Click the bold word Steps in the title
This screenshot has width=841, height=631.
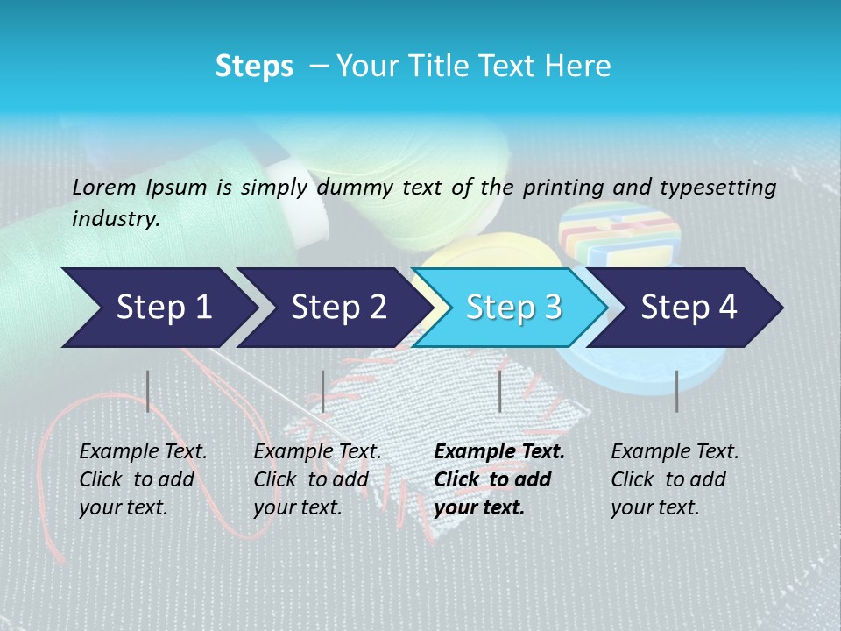[x=254, y=67]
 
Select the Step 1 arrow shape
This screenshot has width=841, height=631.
[x=158, y=308]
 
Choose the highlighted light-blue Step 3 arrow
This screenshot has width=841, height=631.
[x=512, y=308]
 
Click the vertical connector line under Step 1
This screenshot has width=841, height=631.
[x=148, y=391]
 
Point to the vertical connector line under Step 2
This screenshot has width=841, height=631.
[x=323, y=391]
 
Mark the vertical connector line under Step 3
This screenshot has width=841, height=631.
[x=499, y=391]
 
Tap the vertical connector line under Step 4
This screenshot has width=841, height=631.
[x=676, y=391]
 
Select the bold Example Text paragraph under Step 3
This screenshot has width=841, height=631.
[x=499, y=479]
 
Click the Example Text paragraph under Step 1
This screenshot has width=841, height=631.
[x=143, y=479]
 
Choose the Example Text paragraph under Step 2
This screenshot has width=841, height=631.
[x=317, y=479]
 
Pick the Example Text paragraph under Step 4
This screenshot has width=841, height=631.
[x=675, y=479]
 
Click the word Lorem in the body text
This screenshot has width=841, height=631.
[x=104, y=187]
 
